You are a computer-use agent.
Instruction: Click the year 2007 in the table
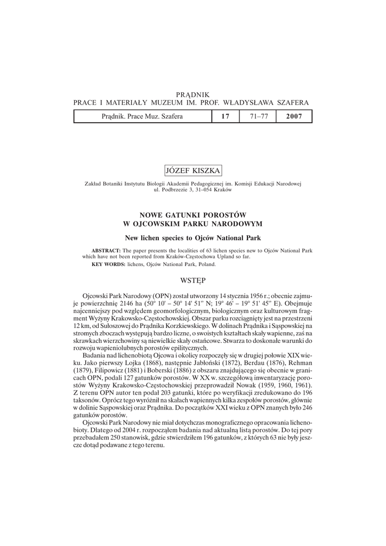click(x=294, y=116)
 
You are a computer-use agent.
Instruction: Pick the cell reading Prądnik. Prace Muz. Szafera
click(x=142, y=116)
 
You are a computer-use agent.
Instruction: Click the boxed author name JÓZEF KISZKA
click(x=193, y=170)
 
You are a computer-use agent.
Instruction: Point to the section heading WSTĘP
click(x=193, y=279)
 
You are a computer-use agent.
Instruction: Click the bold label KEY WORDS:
click(x=108, y=264)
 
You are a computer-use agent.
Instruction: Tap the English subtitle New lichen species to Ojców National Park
click(x=193, y=236)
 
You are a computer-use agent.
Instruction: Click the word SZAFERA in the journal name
click(x=289, y=102)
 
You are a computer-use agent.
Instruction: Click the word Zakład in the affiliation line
click(x=94, y=183)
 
